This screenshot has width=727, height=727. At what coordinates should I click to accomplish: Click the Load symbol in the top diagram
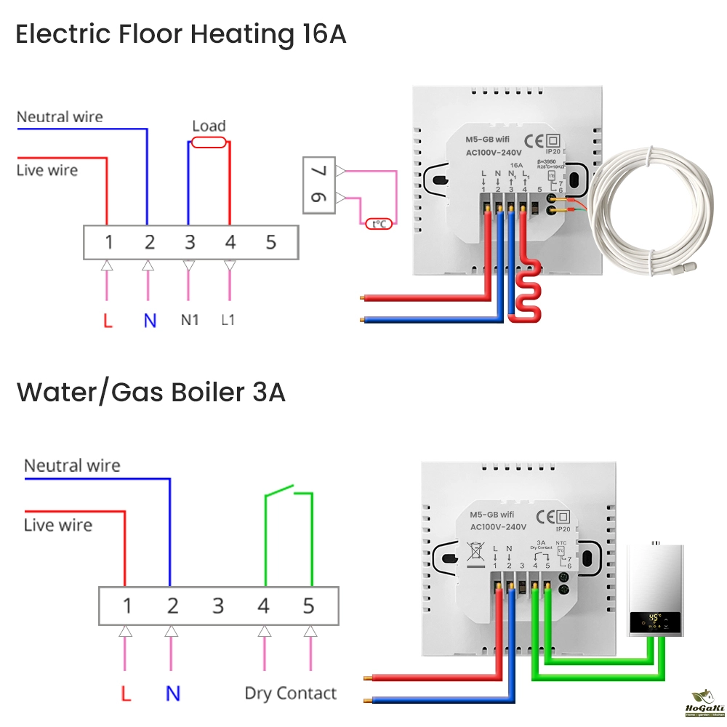209,143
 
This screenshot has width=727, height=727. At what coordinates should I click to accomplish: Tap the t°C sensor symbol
379,224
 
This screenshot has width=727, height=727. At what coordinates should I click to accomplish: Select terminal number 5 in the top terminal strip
271,242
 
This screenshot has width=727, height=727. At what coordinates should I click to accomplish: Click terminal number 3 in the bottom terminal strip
218,605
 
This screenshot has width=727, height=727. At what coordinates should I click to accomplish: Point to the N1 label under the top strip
189,319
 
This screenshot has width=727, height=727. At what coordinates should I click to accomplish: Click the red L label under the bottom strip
126,694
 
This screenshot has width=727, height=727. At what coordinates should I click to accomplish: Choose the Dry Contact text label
291,694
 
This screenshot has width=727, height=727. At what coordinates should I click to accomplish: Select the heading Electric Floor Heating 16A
181,34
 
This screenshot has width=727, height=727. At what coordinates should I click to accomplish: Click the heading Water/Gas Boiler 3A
151,393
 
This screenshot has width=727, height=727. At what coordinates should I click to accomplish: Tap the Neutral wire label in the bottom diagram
72,465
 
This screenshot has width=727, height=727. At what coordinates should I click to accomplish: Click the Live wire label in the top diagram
47,170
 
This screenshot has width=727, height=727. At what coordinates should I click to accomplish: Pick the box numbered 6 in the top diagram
320,198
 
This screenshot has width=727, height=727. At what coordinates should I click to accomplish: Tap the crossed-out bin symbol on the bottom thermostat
475,553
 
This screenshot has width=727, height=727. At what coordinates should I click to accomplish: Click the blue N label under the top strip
150,320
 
